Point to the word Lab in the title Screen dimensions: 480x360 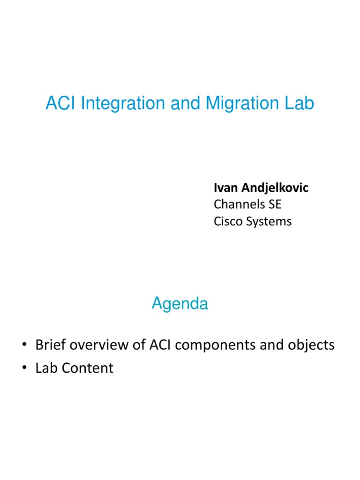(300, 104)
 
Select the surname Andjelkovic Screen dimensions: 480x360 (275, 188)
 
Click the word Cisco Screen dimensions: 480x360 (227, 221)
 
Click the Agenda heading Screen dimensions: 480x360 (180, 304)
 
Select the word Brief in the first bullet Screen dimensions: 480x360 (51, 345)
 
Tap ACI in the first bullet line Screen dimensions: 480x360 (161, 345)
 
